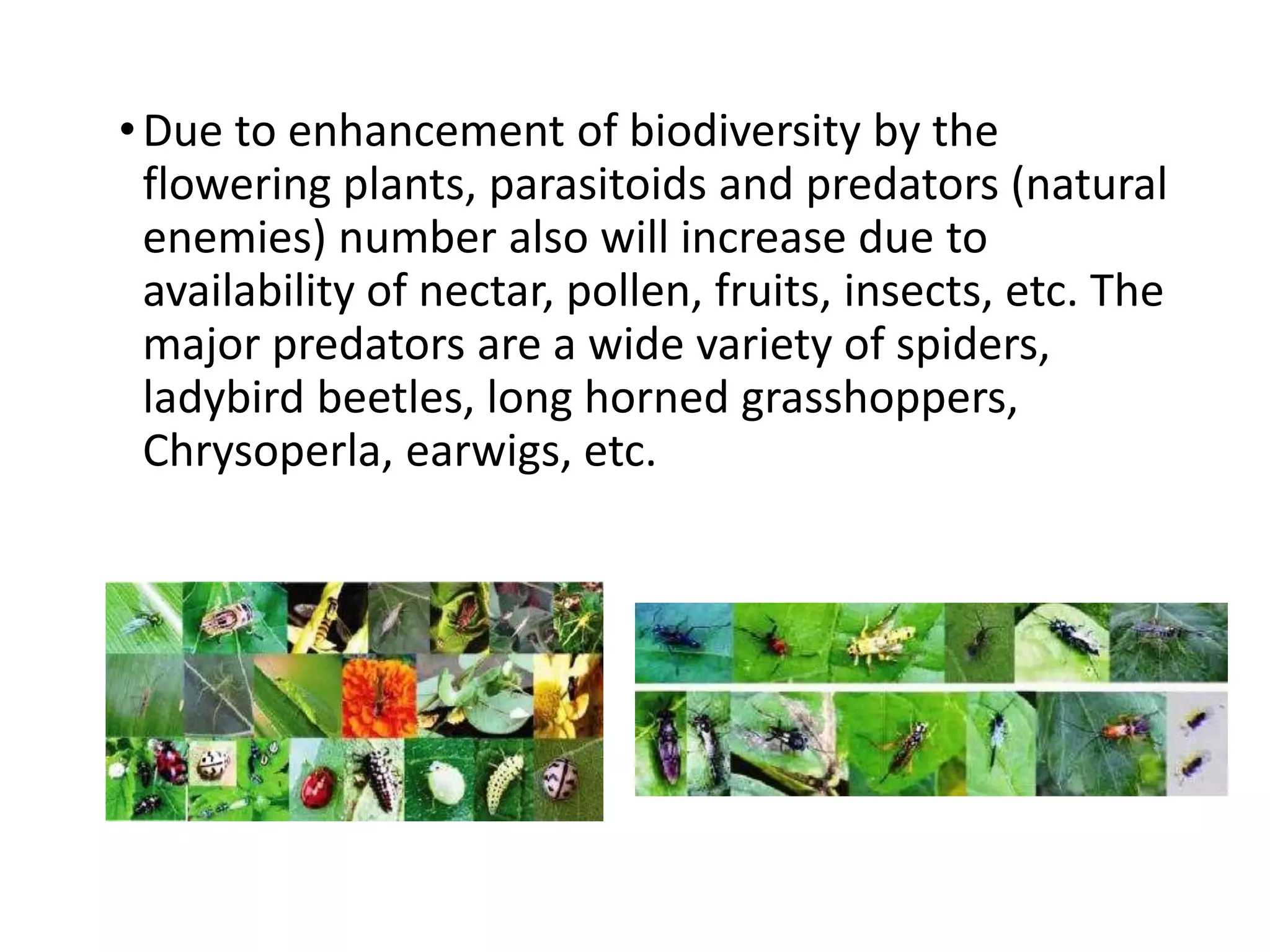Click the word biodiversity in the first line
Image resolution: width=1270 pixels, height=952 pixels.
point(745,132)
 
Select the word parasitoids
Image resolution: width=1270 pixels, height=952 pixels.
point(597,185)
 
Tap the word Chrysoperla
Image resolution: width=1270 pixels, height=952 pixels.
point(261,451)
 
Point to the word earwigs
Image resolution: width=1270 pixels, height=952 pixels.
point(487,451)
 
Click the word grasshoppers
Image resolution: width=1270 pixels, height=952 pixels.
point(879,398)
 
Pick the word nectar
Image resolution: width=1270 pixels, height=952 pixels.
point(487,291)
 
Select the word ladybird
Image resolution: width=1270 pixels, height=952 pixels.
point(223,398)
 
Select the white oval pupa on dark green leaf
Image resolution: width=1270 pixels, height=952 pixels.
point(441,783)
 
